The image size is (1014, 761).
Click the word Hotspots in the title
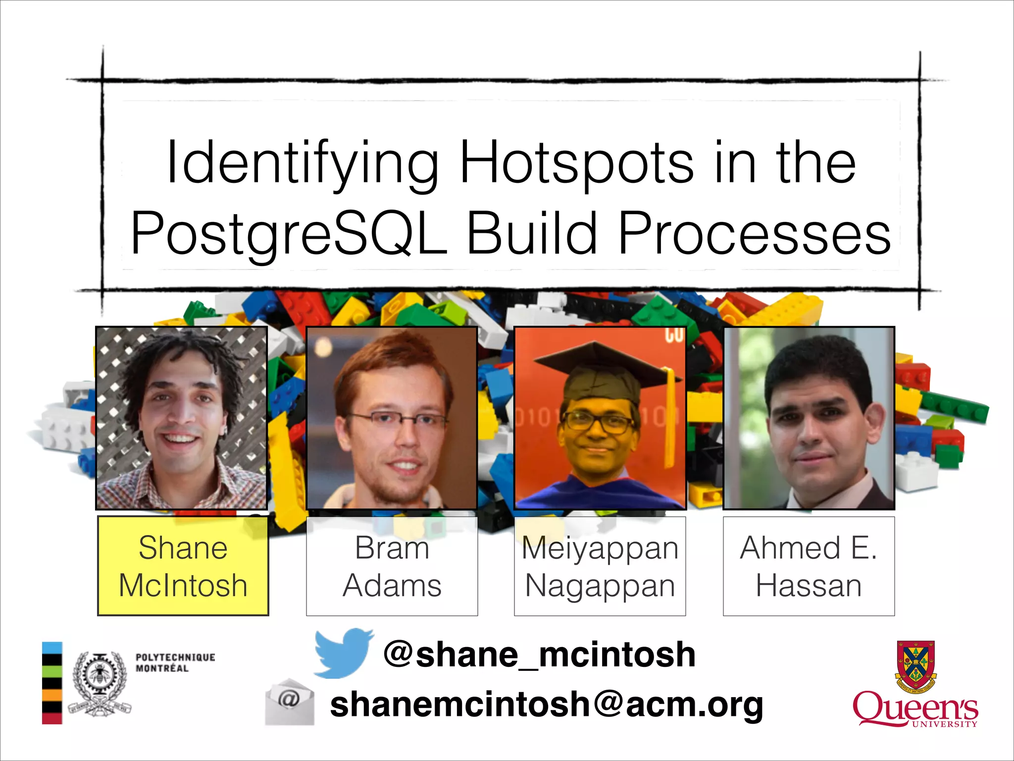coord(577,163)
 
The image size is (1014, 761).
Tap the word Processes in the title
coord(755,233)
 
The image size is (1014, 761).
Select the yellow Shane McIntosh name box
coord(183,566)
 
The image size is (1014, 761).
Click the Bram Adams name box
coord(392,566)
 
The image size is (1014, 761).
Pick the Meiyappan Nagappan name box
coord(600,566)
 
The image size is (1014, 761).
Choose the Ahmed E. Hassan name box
coord(809,566)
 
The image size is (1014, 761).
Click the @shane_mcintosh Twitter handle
coord(539,654)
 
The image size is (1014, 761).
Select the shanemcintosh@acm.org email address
coord(547,704)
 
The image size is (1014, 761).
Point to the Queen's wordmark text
coord(914,708)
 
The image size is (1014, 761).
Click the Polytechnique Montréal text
coord(175,662)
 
